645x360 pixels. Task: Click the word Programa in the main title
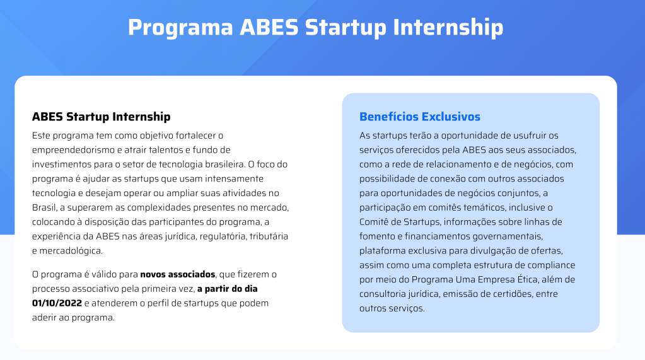point(180,28)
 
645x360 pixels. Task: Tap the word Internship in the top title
point(448,27)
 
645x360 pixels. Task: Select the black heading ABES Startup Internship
point(101,117)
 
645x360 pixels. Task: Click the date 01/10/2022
point(57,303)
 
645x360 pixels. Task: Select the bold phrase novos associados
point(178,274)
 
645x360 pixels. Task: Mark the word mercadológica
point(70,251)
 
